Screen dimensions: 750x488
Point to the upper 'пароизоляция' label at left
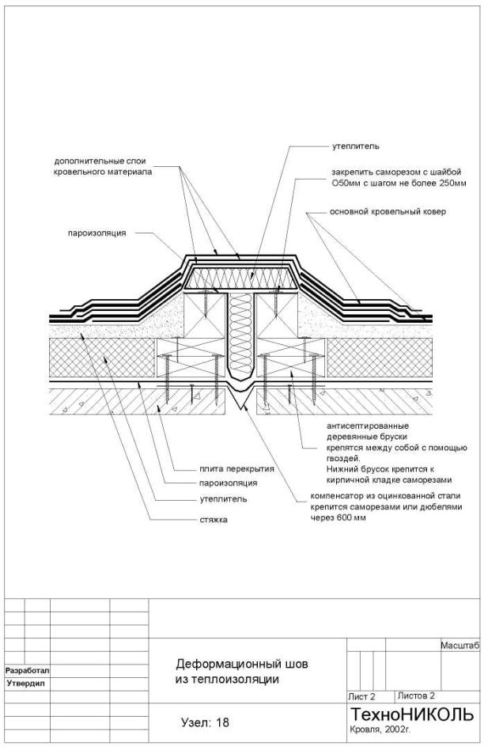pyautogui.click(x=98, y=233)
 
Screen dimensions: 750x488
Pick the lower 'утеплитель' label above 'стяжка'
pyautogui.click(x=223, y=499)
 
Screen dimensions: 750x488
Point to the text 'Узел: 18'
pyautogui.click(x=206, y=722)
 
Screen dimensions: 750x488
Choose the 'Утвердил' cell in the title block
pyautogui.click(x=24, y=681)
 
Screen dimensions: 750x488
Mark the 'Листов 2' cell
pyautogui.click(x=417, y=695)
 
